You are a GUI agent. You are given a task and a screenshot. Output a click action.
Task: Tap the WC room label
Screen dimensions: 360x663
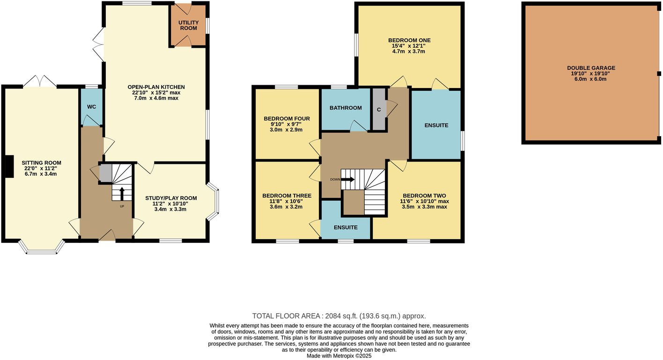tap(92, 107)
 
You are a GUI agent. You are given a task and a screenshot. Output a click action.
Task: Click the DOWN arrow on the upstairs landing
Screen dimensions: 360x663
tap(348, 179)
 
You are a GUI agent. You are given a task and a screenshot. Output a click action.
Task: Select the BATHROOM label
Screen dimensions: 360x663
tap(346, 108)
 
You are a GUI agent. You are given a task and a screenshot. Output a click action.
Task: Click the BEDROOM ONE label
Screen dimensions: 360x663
tap(409, 40)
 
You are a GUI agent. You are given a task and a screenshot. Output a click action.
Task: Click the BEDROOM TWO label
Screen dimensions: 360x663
tap(424, 196)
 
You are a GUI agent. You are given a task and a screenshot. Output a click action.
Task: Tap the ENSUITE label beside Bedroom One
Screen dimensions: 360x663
tap(436, 125)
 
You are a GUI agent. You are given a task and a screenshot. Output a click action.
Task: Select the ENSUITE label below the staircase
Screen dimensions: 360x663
tap(346, 228)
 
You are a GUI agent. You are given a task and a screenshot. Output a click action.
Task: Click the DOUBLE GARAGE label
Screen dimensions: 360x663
tap(591, 68)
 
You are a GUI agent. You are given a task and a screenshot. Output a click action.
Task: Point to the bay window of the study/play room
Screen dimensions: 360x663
tap(213, 202)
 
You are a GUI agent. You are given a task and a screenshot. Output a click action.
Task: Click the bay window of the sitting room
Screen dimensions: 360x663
tap(41, 248)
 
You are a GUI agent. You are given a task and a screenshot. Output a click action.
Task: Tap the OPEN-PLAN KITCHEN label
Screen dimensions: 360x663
tap(156, 87)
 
